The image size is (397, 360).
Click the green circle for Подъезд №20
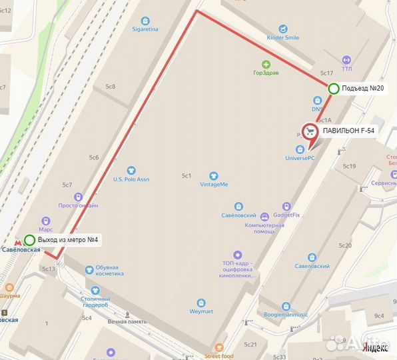click(x=333, y=88)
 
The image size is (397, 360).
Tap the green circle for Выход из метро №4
click(x=30, y=240)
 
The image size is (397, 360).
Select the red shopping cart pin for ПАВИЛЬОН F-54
click(x=309, y=132)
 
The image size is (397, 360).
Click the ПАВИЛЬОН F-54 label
click(x=349, y=131)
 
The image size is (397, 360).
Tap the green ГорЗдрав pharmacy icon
click(x=266, y=64)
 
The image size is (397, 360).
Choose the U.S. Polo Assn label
click(x=131, y=179)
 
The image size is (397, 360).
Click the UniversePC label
click(x=300, y=158)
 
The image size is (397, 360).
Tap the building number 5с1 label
click(x=187, y=176)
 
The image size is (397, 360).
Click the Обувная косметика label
click(x=105, y=273)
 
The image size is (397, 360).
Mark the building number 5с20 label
click(x=344, y=246)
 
